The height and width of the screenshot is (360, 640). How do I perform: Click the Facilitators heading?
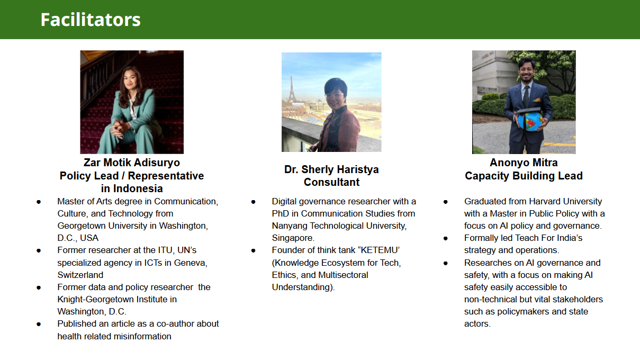[91, 20]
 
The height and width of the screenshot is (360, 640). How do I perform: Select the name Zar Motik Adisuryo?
[132, 163]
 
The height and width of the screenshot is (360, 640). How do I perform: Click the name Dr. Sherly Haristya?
[331, 169]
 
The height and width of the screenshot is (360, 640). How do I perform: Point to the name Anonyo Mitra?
[524, 163]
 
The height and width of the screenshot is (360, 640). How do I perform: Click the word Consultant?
[331, 182]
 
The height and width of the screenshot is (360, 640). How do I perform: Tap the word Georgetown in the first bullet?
[82, 226]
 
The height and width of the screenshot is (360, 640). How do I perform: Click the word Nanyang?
[290, 226]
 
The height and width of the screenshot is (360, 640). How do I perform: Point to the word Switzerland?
[80, 275]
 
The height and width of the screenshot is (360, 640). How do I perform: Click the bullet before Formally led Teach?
[445, 239]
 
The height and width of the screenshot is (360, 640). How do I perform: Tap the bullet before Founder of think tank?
[253, 251]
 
